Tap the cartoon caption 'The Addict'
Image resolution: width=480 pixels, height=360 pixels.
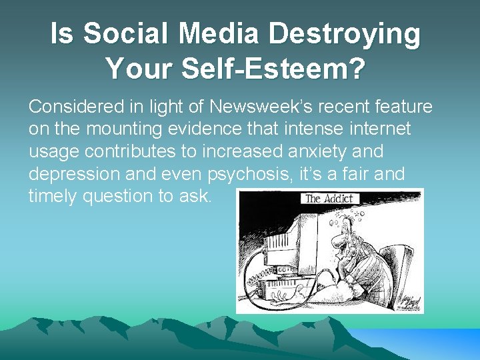[331, 198]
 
